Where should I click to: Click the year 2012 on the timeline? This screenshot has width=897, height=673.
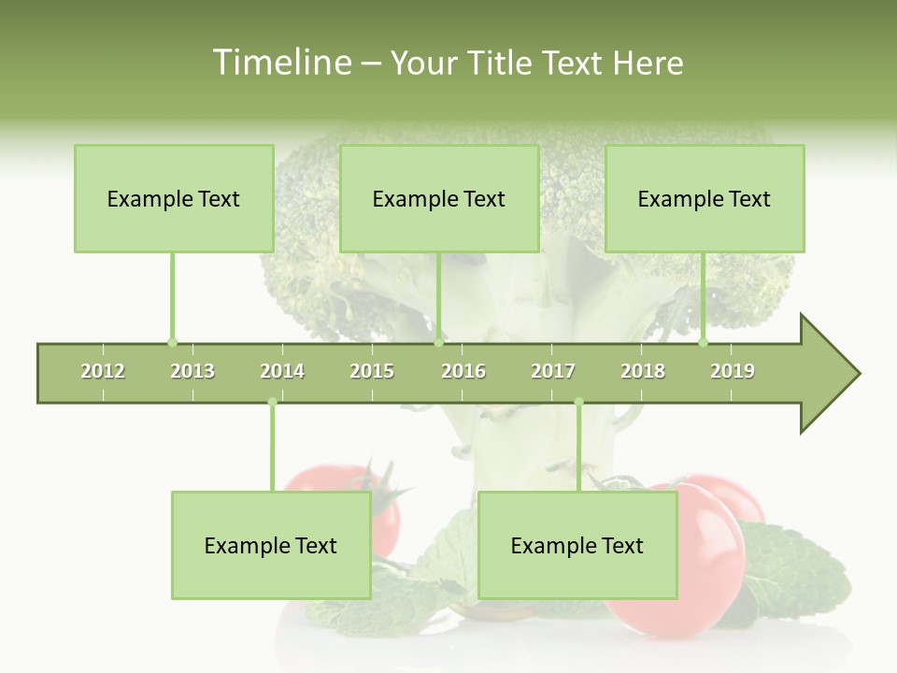tap(103, 371)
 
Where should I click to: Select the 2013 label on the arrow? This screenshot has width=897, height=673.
tap(192, 371)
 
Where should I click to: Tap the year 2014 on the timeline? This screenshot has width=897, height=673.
tap(282, 371)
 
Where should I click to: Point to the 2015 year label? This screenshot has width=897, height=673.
tap(372, 371)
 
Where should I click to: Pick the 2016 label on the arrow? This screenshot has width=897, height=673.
tap(463, 371)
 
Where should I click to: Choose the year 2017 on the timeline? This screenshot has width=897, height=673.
tap(553, 371)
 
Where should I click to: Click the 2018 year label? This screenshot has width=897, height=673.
tap(643, 371)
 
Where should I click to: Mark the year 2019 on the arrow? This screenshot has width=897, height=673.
tap(733, 371)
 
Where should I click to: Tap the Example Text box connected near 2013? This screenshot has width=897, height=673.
tap(174, 198)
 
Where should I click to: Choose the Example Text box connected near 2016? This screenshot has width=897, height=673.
tap(439, 198)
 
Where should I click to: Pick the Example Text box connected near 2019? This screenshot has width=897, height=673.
tap(705, 198)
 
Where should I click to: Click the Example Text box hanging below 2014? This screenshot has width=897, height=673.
tap(271, 545)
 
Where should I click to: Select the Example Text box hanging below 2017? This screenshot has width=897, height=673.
tap(577, 545)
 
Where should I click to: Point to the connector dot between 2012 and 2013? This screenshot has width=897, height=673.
tap(172, 342)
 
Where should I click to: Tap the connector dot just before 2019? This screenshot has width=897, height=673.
tap(704, 342)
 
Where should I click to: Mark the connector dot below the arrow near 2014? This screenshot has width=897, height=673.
tap(272, 402)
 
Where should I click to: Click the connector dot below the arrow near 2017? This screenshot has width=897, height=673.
tap(578, 402)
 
